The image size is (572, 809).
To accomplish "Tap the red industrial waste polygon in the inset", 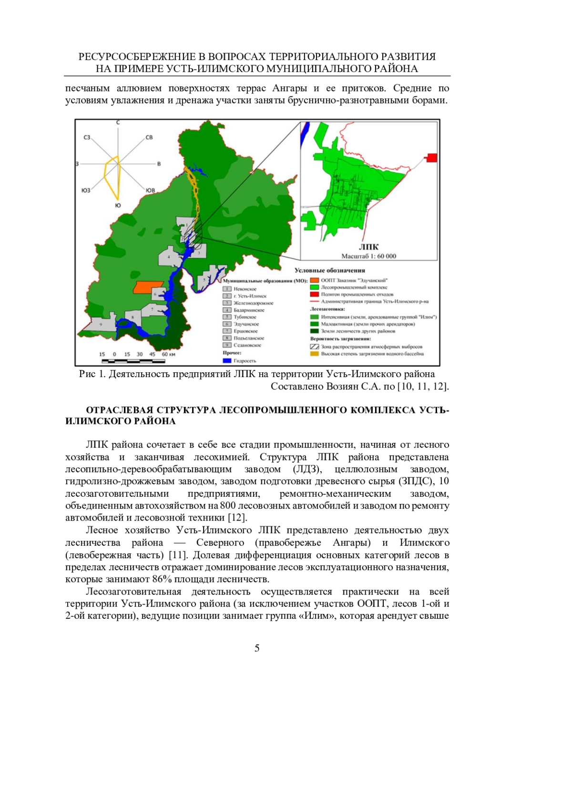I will [x=431, y=158].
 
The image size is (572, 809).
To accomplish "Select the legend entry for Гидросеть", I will [x=245, y=361].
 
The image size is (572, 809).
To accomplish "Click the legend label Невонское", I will [x=245, y=289].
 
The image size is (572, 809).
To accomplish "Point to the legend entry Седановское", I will [x=247, y=345].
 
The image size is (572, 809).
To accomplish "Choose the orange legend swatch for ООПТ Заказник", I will [x=315, y=280].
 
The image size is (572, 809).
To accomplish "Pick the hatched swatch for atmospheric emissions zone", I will [x=315, y=347].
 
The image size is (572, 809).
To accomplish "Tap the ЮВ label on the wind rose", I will [x=151, y=190].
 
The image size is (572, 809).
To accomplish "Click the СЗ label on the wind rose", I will [x=87, y=137].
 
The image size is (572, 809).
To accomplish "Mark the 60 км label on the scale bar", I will [x=168, y=355].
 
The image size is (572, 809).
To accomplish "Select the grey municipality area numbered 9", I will [x=101, y=325].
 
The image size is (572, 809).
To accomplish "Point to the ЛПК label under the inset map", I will [x=368, y=247].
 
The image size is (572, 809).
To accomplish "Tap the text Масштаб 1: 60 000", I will [x=368, y=256].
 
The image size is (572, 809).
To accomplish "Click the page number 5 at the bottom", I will [x=257, y=648].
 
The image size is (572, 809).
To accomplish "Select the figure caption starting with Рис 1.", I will [x=257, y=374].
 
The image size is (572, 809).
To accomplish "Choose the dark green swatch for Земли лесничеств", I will [x=315, y=331].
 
